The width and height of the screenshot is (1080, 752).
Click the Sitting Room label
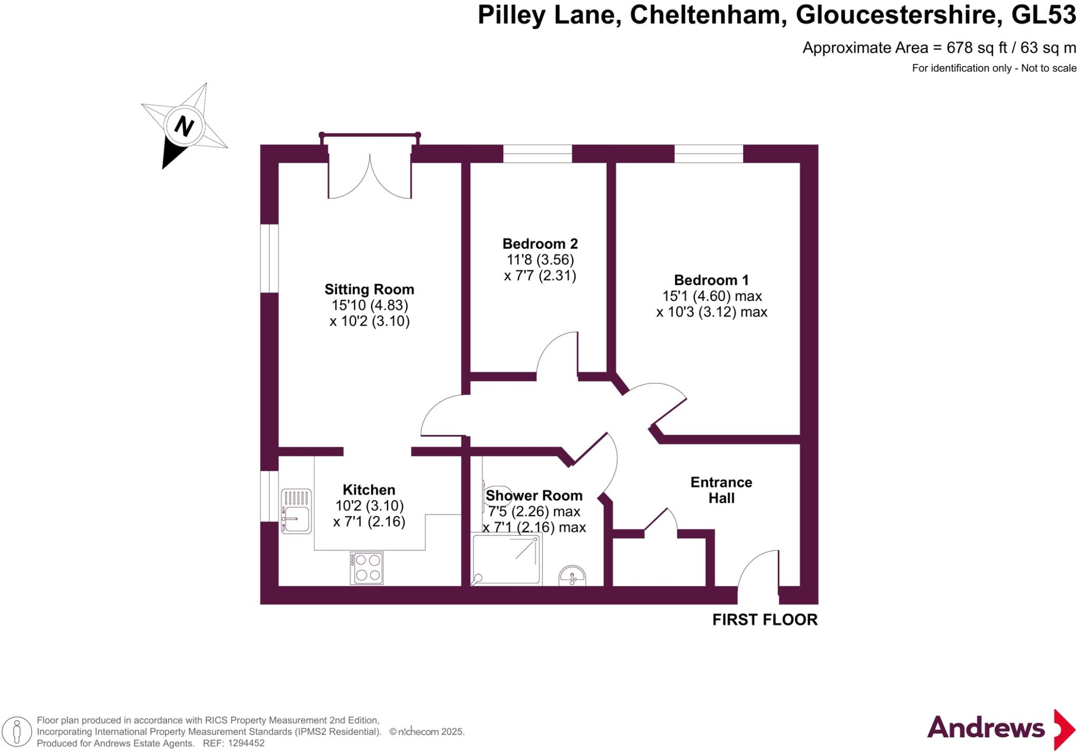point(369,289)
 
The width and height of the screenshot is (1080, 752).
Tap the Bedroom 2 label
point(539,244)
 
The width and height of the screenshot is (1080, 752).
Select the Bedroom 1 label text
point(711,280)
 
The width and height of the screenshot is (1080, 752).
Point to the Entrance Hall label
point(721,490)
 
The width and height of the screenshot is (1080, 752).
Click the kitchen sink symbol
point(296,511)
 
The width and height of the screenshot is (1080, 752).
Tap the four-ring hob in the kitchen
point(367,568)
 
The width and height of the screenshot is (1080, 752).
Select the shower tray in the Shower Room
point(506,559)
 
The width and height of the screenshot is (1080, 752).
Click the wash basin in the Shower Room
point(572,576)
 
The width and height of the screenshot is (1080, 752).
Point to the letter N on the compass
point(184,126)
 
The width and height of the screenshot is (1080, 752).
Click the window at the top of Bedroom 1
point(708,153)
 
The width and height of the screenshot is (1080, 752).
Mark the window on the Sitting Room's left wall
point(269,258)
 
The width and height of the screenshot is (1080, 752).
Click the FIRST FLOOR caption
point(765,620)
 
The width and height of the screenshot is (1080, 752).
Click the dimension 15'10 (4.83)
point(369,305)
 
